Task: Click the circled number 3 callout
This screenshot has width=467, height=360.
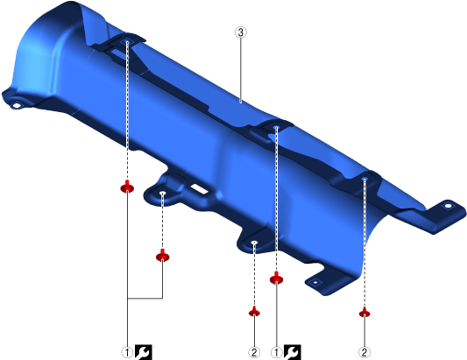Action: click(x=241, y=32)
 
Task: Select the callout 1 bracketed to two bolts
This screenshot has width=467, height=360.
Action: click(x=127, y=353)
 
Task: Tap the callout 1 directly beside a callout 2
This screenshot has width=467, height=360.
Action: click(x=276, y=353)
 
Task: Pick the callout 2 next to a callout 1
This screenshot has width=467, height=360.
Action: click(x=254, y=353)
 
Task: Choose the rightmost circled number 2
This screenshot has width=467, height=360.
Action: click(x=364, y=353)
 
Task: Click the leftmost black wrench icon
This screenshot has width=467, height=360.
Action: click(x=144, y=352)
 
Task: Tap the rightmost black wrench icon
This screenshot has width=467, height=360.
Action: click(x=292, y=352)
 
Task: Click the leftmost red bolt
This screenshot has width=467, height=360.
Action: click(x=127, y=187)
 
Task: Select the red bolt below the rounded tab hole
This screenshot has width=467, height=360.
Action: click(x=163, y=256)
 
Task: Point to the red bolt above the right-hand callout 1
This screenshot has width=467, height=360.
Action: click(x=276, y=279)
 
